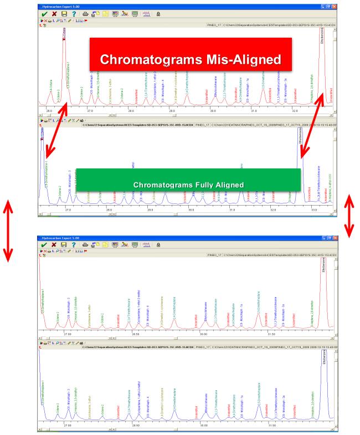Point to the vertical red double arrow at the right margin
pos(350,214)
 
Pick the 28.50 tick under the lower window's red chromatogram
pos(136,334)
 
